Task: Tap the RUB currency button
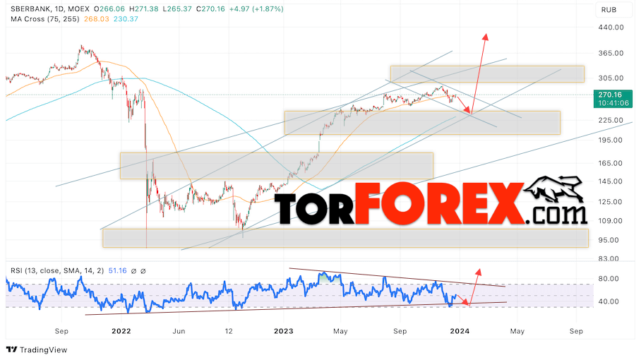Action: [608, 9]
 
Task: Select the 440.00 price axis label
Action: [609, 28]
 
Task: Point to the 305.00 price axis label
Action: [609, 78]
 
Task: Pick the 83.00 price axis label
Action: [609, 258]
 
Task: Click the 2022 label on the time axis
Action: [121, 330]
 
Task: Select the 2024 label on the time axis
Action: [460, 330]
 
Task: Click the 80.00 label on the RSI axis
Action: [609, 279]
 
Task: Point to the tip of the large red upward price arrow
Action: [485, 33]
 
